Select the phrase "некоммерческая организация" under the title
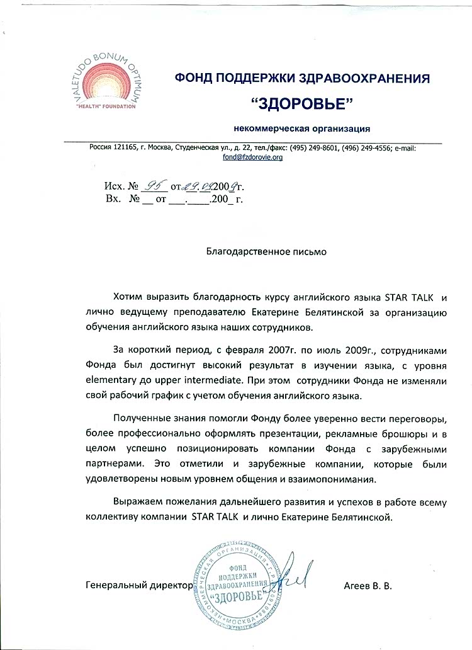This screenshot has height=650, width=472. coord(301,128)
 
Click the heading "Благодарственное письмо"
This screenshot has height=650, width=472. coord(267,250)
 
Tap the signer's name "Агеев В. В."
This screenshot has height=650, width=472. coord(368,585)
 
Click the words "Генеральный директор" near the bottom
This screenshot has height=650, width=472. coord(138,585)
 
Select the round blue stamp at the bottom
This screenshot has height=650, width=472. coord(242,583)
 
